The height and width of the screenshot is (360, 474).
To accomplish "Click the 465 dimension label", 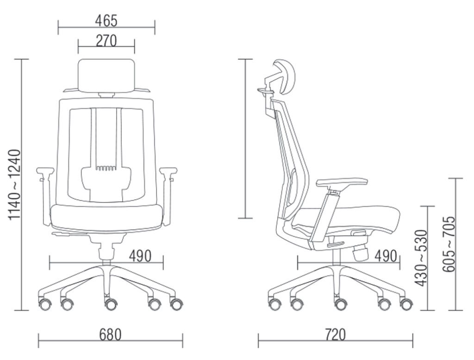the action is click(x=106, y=21).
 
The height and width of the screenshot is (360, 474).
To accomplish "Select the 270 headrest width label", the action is click(x=106, y=41).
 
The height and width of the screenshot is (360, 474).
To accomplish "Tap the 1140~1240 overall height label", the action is click(x=14, y=184).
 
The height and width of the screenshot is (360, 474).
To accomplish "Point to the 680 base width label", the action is click(x=110, y=335).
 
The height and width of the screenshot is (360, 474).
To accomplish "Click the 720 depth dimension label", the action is click(x=335, y=335).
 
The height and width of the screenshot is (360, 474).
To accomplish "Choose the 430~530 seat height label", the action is click(x=421, y=258).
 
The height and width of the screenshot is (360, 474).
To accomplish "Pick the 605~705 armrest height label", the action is click(x=448, y=244).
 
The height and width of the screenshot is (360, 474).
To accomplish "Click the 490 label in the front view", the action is click(x=140, y=256).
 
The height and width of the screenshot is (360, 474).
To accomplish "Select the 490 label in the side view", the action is click(x=386, y=256).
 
